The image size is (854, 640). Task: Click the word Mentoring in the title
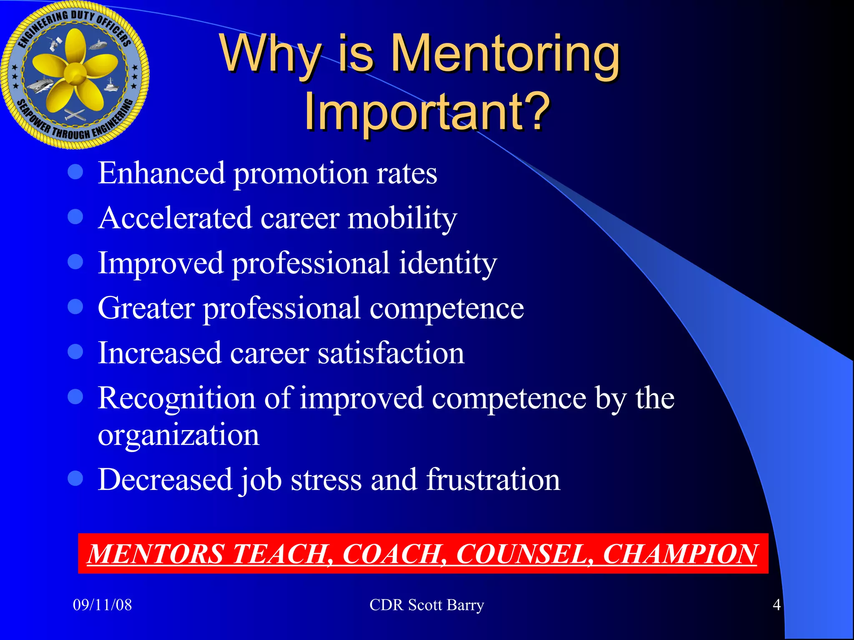(x=506, y=54)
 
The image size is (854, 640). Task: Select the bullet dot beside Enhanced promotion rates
(x=75, y=172)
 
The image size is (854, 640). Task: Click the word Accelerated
(x=175, y=218)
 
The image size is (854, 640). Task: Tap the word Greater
(x=146, y=308)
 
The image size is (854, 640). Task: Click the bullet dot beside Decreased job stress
(x=75, y=478)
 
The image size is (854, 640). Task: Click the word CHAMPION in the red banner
(x=680, y=554)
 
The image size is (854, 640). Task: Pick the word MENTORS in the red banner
(x=156, y=554)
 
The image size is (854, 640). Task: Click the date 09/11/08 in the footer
(x=102, y=605)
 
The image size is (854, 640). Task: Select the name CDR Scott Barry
(x=427, y=605)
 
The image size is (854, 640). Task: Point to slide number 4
(x=776, y=605)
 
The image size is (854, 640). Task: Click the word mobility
(x=402, y=218)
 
